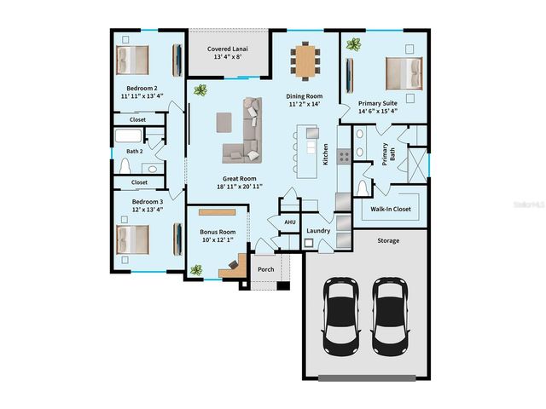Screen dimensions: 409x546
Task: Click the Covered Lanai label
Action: point(228,49)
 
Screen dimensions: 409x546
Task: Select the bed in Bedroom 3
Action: point(132,239)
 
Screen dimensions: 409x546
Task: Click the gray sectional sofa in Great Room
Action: point(247,132)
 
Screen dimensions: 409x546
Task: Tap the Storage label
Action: point(388,240)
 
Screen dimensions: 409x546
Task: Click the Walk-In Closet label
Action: point(391,209)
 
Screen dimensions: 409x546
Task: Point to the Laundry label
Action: point(318,230)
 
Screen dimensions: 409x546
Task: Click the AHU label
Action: point(289,221)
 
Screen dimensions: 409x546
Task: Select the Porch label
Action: point(266,269)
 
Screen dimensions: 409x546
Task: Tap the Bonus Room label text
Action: point(218,232)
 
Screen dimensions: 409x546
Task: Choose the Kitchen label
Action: point(325,154)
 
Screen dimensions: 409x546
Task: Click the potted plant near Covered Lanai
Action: point(200,89)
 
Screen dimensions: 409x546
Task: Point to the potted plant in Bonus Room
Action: point(197,270)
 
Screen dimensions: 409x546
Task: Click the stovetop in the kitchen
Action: point(344,156)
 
